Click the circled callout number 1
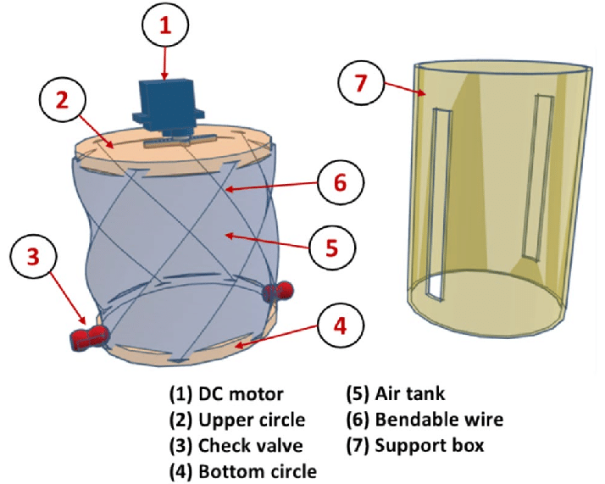pyautogui.click(x=165, y=25)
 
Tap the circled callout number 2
pyautogui.click(x=62, y=100)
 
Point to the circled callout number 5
pyautogui.click(x=331, y=248)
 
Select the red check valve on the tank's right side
pyautogui.click(x=278, y=291)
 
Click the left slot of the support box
pyautogui.click(x=436, y=203)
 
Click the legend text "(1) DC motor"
pyautogui.click(x=226, y=394)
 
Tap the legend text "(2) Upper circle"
pyautogui.click(x=239, y=420)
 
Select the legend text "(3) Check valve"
pyautogui.click(x=236, y=445)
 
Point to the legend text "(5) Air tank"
pyautogui.click(x=395, y=394)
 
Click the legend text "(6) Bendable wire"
pyautogui.click(x=425, y=420)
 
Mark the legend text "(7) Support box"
pyautogui.click(x=414, y=445)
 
